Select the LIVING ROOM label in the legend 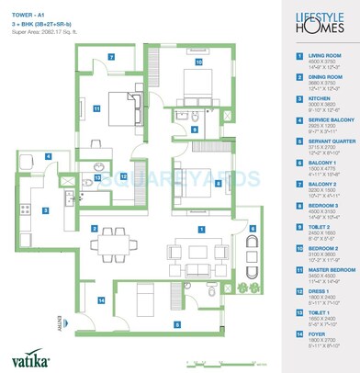click(318, 56)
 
